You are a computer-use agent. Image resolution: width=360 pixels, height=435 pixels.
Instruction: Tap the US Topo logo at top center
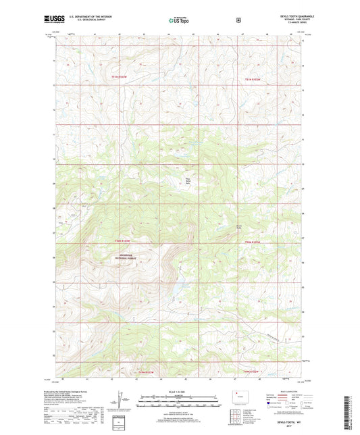[179, 21]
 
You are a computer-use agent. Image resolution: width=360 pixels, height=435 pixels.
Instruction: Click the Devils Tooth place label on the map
[238, 226]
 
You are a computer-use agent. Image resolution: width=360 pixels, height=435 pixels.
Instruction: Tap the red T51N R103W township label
[120, 79]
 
